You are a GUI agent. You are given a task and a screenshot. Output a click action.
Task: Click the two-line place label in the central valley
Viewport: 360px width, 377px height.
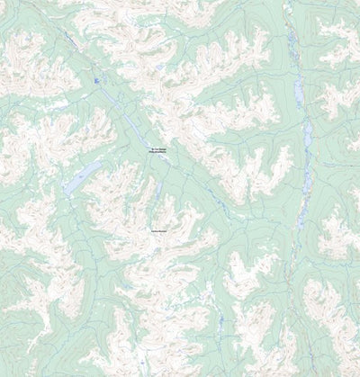(159, 150)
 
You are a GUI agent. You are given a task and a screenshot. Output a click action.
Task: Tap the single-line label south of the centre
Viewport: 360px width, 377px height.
(160, 231)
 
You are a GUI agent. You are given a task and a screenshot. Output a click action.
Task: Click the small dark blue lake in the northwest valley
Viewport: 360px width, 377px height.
(96, 81)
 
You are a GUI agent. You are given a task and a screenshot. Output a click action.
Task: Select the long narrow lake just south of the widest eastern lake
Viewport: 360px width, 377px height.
(307, 136)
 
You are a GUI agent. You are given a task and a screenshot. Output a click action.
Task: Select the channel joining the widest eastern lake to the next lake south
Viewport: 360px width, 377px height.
(303, 112)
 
